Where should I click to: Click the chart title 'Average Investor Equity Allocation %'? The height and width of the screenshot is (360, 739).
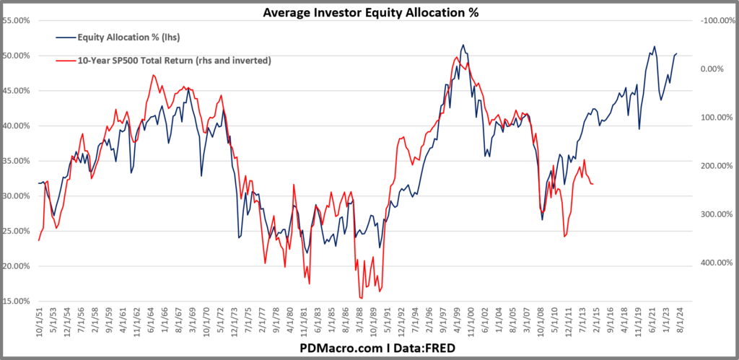tap(369, 12)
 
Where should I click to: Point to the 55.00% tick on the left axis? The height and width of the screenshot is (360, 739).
tap(18, 21)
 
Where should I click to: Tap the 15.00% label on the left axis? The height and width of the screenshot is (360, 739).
tap(18, 301)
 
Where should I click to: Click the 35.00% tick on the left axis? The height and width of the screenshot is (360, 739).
tap(18, 161)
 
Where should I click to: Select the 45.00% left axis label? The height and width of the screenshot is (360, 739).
tap(18, 91)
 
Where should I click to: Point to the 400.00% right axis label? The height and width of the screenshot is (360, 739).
tap(714, 263)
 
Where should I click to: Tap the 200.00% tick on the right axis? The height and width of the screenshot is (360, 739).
tap(714, 166)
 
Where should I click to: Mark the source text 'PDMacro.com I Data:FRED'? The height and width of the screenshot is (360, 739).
tap(369, 348)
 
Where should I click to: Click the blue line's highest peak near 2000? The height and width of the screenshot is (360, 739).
tap(463, 45)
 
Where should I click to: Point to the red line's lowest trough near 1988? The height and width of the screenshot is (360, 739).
tap(361, 298)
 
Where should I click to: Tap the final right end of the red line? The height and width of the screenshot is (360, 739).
tap(593, 184)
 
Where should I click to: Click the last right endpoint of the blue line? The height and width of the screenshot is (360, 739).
tap(677, 53)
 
